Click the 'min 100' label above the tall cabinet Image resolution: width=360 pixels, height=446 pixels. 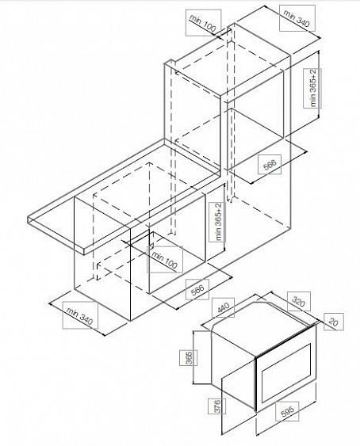[203, 23]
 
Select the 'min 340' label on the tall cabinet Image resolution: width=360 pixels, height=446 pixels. [297, 17]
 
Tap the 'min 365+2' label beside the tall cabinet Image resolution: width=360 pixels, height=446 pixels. [312, 88]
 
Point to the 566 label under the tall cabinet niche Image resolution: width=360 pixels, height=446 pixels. [270, 165]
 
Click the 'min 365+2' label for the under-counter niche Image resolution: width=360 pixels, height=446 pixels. [218, 222]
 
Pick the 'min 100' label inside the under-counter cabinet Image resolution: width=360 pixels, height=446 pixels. [164, 259]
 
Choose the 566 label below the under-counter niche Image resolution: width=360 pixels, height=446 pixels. [197, 289]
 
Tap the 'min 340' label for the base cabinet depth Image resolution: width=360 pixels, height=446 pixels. [80, 315]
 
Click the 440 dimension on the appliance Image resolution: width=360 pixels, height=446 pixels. [224, 307]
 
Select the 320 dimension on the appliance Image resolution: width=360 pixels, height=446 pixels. [299, 302]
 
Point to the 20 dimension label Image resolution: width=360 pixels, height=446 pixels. [334, 322]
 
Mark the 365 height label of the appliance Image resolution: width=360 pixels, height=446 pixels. [189, 358]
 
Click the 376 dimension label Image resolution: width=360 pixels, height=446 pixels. [216, 406]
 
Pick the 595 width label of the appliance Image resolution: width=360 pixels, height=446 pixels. [287, 411]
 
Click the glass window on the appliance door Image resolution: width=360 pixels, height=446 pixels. [286, 371]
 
